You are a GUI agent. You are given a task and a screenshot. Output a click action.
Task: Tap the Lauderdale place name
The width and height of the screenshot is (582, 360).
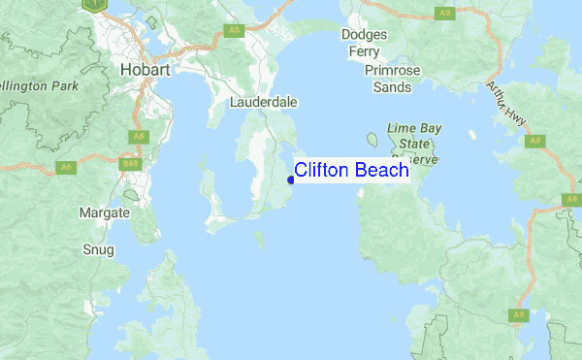click(x=264, y=101)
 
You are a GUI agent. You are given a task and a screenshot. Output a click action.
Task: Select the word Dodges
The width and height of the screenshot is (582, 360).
click(x=365, y=35)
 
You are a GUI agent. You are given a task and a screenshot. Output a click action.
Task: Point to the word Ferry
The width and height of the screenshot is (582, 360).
click(x=365, y=51)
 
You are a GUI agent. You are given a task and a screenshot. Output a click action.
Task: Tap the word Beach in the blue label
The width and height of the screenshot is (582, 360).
click(x=382, y=171)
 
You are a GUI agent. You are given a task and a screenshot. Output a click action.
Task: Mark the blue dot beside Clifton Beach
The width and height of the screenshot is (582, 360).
click(x=291, y=180)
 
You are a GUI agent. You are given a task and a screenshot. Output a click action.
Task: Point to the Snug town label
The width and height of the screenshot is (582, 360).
click(x=99, y=249)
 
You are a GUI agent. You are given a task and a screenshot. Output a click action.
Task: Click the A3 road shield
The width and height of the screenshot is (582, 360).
click(x=233, y=31)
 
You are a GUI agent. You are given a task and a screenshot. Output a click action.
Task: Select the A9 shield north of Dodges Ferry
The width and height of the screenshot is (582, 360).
click(x=444, y=13)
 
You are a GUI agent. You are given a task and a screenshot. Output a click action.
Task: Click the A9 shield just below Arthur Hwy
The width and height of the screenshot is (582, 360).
click(x=534, y=141)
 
